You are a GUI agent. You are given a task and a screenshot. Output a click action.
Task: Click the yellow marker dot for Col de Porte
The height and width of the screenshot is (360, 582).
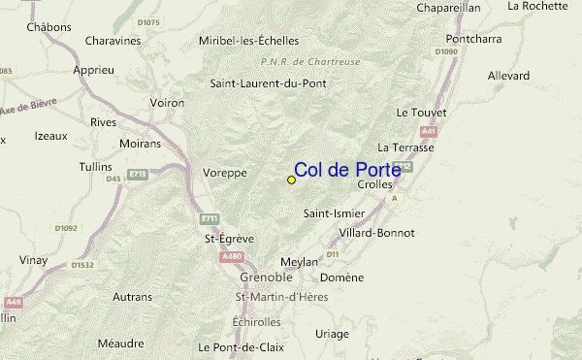click(291, 180)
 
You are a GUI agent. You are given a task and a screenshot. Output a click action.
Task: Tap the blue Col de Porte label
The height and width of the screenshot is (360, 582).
click(346, 170)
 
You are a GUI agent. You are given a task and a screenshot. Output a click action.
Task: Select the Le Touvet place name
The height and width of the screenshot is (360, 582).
click(421, 113)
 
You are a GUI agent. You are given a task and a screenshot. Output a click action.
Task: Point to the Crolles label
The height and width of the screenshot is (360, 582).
click(375, 184)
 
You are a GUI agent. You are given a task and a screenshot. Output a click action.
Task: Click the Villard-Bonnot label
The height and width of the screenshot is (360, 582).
click(377, 233)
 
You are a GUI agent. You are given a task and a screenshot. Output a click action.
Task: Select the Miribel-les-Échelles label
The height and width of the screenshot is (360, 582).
click(248, 41)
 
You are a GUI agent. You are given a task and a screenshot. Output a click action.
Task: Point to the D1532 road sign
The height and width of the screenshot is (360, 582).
click(83, 264)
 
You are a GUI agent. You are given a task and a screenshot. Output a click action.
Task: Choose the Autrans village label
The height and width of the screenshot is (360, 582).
click(132, 296)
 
